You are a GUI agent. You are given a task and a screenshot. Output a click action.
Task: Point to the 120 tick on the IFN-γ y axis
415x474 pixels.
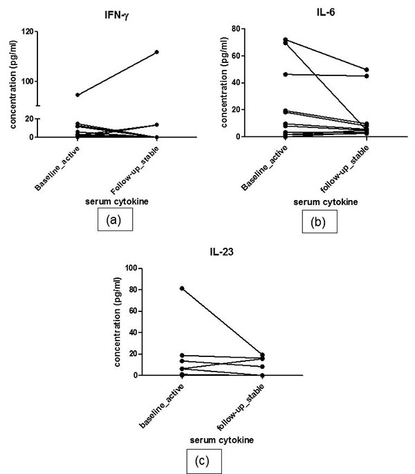tap(29, 32)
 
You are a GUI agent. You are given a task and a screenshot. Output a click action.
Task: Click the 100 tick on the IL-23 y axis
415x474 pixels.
tap(136, 268)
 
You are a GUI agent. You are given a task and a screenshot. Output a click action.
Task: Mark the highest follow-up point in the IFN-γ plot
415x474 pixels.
tap(157, 52)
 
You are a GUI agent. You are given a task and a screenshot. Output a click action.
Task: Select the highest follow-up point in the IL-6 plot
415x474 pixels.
tap(367, 70)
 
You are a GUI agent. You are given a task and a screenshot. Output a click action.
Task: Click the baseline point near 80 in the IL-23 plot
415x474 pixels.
tap(162, 288)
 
